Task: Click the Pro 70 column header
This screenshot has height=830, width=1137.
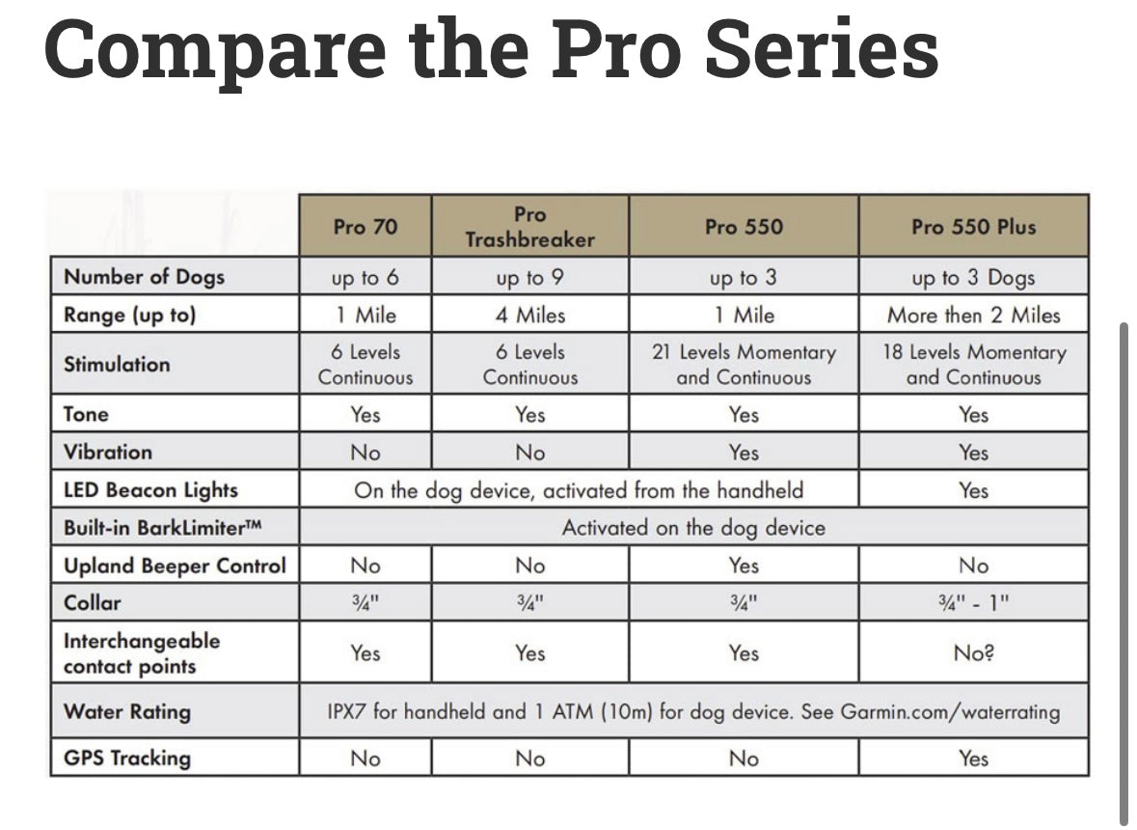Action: (365, 227)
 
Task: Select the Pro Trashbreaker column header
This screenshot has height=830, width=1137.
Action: (529, 227)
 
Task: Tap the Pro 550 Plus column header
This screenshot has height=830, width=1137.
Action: (973, 227)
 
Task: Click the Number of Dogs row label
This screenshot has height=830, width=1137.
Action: (144, 277)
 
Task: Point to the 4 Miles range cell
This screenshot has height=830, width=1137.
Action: (529, 316)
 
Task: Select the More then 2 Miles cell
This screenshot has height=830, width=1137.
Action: (973, 316)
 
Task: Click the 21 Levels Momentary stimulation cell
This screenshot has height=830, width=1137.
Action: (744, 365)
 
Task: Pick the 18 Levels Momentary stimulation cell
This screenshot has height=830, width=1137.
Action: (973, 365)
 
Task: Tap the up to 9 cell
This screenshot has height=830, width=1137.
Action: (529, 278)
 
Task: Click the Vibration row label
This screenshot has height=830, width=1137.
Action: (108, 452)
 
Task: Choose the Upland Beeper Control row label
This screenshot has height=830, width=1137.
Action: (175, 566)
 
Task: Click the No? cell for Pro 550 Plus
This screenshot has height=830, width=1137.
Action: (973, 653)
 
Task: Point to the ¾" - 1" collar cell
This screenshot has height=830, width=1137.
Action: (973, 603)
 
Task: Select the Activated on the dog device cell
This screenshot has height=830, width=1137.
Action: (693, 528)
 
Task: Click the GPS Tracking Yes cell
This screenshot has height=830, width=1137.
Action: (973, 759)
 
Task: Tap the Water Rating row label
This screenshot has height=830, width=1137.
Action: (127, 712)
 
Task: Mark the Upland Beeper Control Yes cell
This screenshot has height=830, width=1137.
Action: (744, 566)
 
